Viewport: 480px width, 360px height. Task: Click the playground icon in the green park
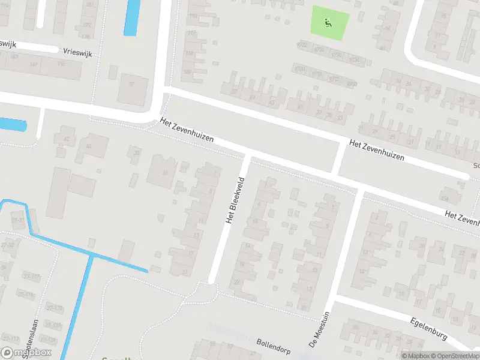328,23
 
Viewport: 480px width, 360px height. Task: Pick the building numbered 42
67,139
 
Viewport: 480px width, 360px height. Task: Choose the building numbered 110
193,16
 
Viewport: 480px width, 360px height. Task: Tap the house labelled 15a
445,197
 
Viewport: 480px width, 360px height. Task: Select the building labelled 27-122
56,308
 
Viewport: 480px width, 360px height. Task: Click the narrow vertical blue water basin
130,17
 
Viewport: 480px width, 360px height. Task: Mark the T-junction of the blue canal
91,255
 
